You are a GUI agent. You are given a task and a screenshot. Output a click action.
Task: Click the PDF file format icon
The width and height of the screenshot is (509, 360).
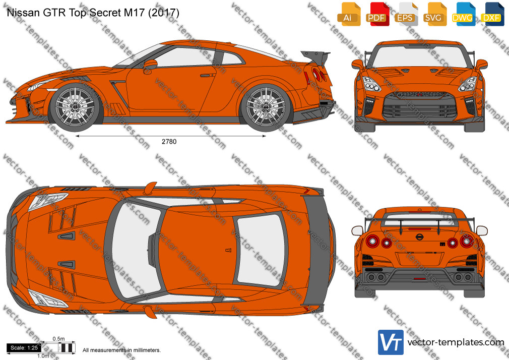[x=377, y=14]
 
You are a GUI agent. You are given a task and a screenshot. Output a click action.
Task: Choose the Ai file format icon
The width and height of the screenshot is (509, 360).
[x=349, y=14]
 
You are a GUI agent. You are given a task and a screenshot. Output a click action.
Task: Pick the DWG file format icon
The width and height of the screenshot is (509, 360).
[x=464, y=14]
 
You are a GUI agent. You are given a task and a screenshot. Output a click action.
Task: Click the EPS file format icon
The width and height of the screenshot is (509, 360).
[x=406, y=14]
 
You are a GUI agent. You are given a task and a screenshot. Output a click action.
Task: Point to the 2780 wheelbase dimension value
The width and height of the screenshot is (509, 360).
[x=169, y=141]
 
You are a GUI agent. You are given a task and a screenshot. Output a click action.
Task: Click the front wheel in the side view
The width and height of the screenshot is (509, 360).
[x=75, y=106]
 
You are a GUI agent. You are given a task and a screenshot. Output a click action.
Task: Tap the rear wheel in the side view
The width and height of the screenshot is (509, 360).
[x=266, y=106]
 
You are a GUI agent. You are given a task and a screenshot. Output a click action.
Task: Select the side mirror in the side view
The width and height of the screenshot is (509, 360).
[x=150, y=65]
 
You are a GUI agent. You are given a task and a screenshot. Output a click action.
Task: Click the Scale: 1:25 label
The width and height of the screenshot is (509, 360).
[x=24, y=348]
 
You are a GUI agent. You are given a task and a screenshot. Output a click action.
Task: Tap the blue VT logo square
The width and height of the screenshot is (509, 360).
[x=391, y=342]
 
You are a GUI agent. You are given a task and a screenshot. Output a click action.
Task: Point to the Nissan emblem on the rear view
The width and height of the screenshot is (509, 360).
[x=419, y=237]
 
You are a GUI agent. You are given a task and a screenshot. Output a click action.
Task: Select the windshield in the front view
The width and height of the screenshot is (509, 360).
[x=419, y=56]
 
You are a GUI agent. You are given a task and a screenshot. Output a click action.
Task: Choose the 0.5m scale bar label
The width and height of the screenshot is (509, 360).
[x=59, y=339]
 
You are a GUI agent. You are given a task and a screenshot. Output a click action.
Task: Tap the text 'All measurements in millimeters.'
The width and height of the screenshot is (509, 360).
[x=122, y=350]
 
